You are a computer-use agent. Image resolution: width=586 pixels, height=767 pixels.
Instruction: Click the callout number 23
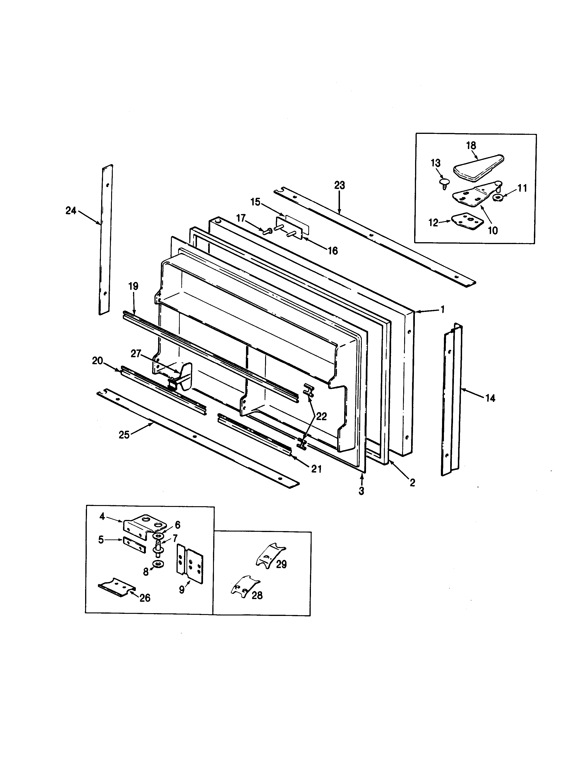pos(340,185)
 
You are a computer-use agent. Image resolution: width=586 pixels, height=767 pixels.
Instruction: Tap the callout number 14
pos(490,398)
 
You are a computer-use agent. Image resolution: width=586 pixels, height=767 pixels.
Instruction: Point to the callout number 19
pos(133,286)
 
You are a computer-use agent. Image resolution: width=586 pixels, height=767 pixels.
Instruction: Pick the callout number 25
pos(124,435)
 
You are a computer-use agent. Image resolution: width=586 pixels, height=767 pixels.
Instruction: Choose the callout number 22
pos(321,416)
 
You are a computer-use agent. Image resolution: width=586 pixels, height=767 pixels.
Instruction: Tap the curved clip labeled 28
pos(245,586)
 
